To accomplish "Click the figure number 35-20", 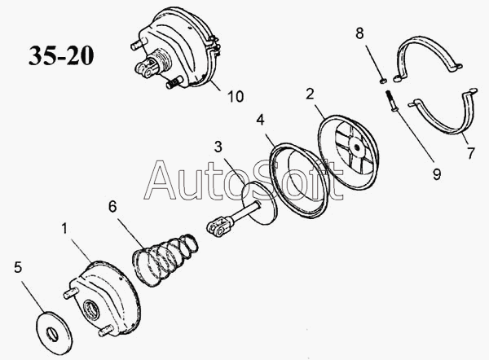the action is [61, 55].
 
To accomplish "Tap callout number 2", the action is [310, 94].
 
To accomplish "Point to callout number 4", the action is [259, 120].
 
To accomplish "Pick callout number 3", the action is [218, 147].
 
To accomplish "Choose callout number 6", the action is [112, 207].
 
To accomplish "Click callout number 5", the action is [18, 266].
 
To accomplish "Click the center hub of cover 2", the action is [356, 150].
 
